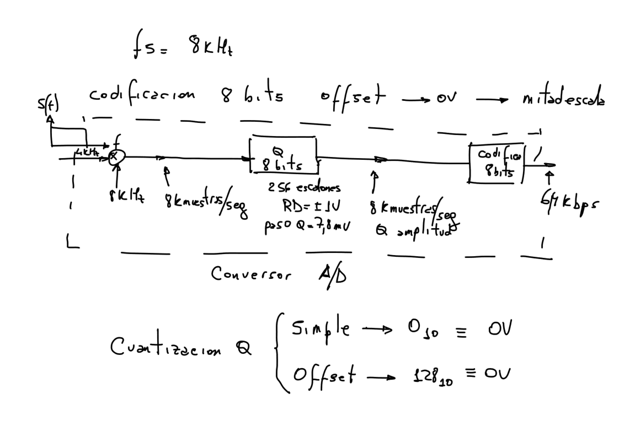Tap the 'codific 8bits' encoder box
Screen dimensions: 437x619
(x=496, y=163)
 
